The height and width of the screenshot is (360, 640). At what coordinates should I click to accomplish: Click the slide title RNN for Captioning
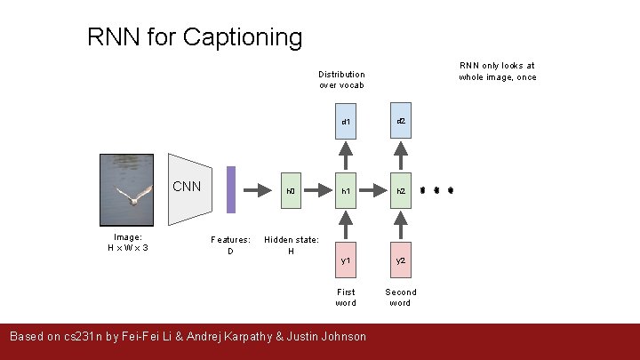coord(195,37)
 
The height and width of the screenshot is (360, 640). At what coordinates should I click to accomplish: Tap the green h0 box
coord(291,190)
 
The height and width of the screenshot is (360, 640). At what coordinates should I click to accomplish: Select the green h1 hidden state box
coord(346,190)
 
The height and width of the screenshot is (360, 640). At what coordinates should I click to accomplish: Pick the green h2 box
coord(401,190)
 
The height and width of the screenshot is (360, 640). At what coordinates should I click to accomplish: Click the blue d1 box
coord(346,121)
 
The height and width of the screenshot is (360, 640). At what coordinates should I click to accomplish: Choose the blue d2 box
coord(401,120)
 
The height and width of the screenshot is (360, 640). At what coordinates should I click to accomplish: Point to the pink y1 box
coord(346,260)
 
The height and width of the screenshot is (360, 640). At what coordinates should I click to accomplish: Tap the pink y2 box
coord(401,260)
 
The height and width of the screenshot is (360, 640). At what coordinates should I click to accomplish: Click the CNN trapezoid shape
coord(188,190)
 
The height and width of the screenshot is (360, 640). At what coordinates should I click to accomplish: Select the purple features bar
coord(231,190)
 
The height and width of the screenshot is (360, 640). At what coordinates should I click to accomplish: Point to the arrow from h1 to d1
coord(346,156)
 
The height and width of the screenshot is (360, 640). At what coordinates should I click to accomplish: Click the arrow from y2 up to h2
coord(401,225)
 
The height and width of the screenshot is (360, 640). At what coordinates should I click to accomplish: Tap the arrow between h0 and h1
coord(318,190)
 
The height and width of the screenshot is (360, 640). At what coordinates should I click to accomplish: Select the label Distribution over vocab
coord(341,79)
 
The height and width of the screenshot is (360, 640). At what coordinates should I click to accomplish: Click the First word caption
coord(346,297)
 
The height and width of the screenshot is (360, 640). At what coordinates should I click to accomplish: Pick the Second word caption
coord(400,297)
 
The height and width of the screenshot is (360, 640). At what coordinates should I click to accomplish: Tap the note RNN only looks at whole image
coord(497,71)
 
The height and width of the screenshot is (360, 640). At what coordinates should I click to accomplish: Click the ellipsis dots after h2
coord(437,190)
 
